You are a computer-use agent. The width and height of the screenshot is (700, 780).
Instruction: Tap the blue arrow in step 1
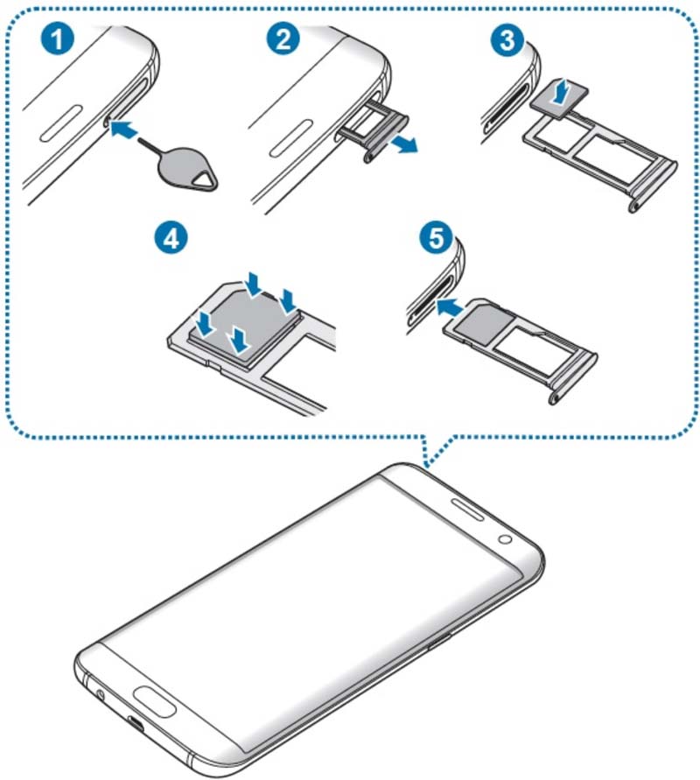(125, 130)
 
